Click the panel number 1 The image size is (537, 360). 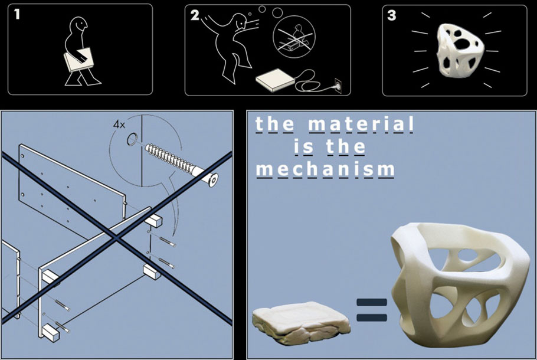tap(17, 14)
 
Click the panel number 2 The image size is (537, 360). tap(195, 15)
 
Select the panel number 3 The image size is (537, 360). tap(391, 15)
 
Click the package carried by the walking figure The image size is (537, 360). tap(78, 60)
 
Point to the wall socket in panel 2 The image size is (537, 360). tap(338, 86)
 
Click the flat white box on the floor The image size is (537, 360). tap(275, 80)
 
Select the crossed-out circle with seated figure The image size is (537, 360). tap(294, 37)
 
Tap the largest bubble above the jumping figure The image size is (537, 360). tap(277, 12)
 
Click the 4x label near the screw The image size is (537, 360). tap(119, 125)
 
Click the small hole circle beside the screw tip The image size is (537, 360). tap(132, 139)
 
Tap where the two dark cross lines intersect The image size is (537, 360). tap(116, 237)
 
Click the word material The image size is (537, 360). tap(361, 124)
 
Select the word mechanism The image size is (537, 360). tap(326, 169)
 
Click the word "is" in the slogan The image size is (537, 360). tap(304, 146)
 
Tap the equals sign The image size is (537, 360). tap(372, 310)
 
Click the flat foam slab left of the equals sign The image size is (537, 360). tap(301, 322)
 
